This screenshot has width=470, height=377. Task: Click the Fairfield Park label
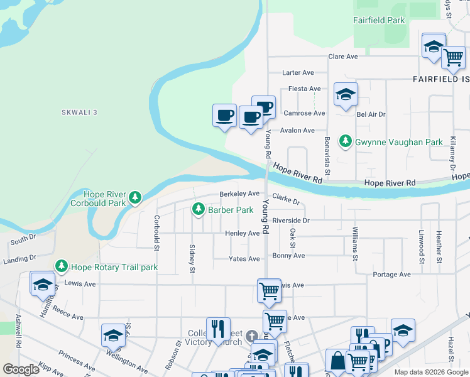coord(379,20)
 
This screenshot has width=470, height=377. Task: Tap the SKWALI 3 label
coord(80,112)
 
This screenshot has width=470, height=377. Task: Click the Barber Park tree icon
coord(199,209)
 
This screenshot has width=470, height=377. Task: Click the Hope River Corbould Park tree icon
coord(134,199)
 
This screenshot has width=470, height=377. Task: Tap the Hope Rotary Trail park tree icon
coord(61,266)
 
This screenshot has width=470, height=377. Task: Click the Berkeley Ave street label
coord(239,194)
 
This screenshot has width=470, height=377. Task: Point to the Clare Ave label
coord(342,57)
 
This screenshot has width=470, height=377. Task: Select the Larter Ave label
coord(298,73)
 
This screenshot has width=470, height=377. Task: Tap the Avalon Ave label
coord(297,130)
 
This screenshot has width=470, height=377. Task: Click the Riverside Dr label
coord(291,221)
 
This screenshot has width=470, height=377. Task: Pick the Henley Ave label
coord(242,233)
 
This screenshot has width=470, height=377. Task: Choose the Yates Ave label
coord(244,258)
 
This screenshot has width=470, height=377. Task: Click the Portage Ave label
coord(391,275)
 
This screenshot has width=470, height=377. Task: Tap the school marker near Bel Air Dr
coord(346,95)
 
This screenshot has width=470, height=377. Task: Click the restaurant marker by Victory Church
coord(218,329)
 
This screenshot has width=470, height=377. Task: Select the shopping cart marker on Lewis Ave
coord(269,290)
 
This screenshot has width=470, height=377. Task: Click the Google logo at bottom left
coord(21,369)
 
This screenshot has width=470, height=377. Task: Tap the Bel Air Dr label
coord(371,114)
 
